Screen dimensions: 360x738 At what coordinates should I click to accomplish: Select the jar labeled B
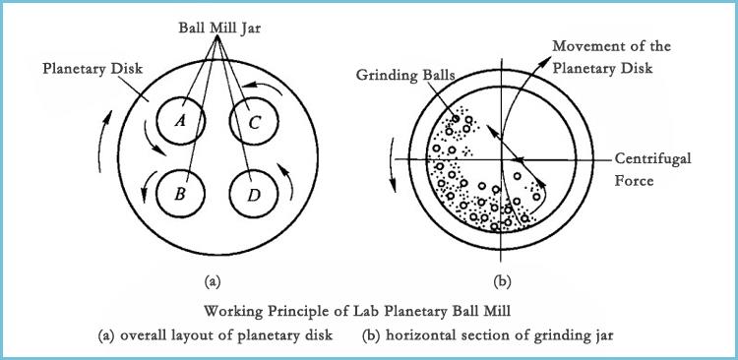[181, 194]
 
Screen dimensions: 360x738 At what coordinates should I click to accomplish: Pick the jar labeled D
[254, 194]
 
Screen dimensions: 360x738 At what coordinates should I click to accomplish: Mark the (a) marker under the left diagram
[211, 282]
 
